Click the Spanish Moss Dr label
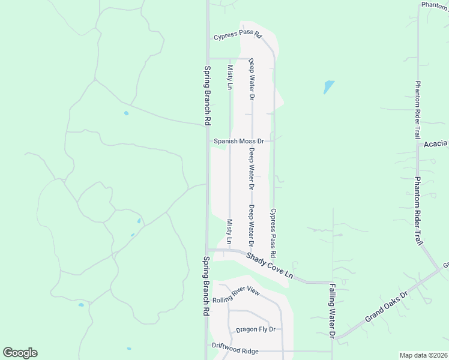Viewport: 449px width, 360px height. coord(239,142)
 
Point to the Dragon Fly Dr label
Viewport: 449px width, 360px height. coord(255,329)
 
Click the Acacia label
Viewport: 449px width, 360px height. coord(436,143)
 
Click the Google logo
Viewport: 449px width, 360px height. coord(20,353)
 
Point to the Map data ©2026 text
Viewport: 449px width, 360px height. coord(423,355)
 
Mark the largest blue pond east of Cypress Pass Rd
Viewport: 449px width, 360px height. coord(328,87)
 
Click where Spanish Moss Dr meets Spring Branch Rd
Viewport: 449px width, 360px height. coord(208,142)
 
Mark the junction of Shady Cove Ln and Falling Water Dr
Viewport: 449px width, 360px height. coord(333,282)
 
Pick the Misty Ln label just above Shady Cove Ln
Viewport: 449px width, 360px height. coord(230,232)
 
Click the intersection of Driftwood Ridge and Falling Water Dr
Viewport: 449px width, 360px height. coord(333,352)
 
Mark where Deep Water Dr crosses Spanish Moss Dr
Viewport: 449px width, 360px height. coord(252,142)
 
